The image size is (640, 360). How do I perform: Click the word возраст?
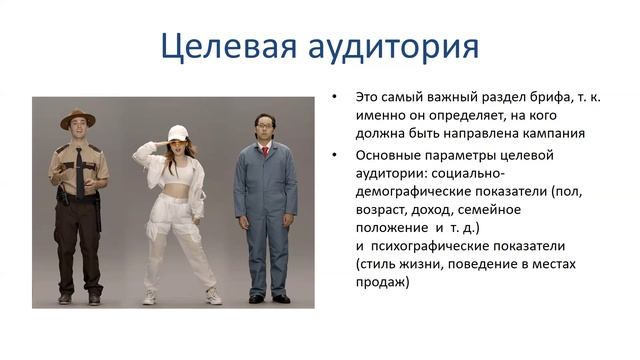(383, 209)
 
